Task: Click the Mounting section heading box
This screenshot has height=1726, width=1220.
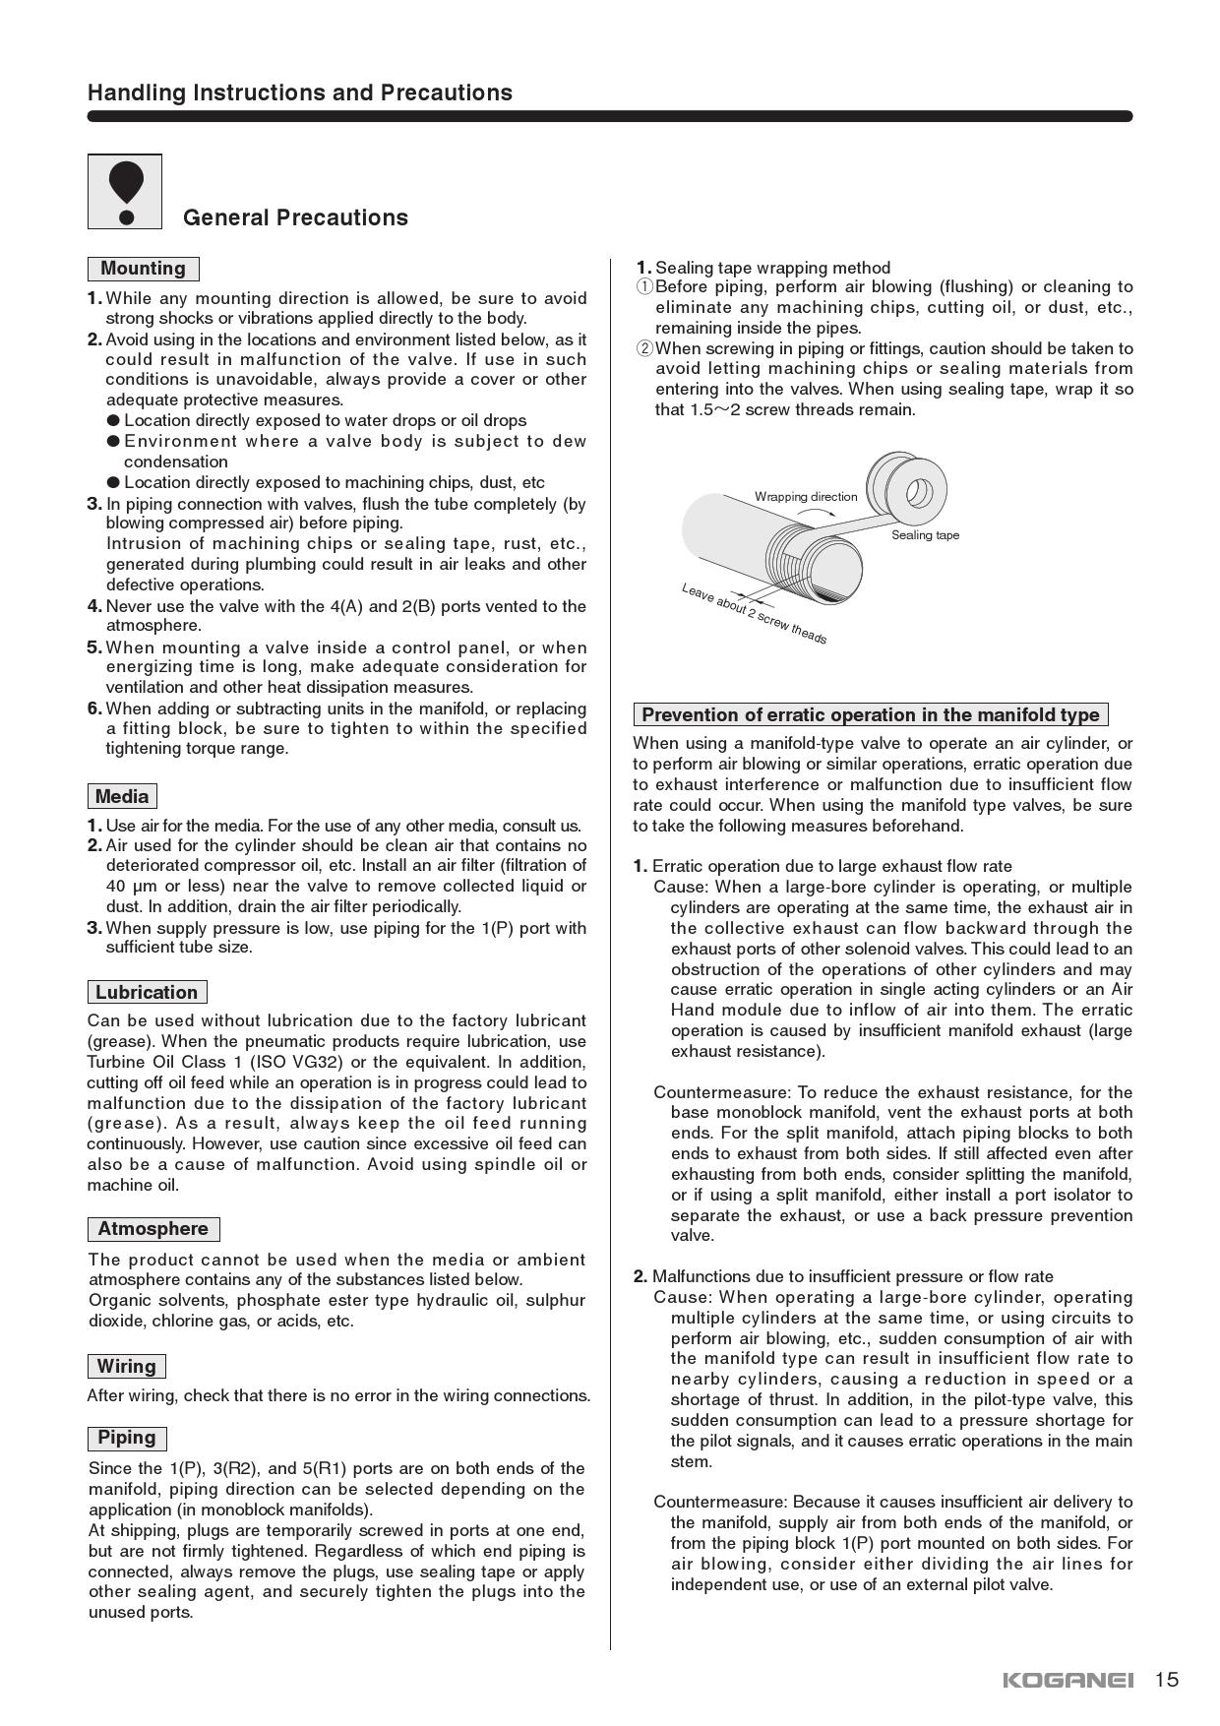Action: pos(143,269)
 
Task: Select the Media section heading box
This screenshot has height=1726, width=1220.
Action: pos(122,796)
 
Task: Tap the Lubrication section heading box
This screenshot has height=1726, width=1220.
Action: pos(147,992)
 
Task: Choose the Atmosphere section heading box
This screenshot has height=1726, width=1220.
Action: pos(152,1229)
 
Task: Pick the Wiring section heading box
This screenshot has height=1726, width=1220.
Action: pos(126,1366)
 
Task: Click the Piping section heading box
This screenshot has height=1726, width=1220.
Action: pos(126,1438)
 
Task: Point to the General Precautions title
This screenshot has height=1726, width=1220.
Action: pos(295,217)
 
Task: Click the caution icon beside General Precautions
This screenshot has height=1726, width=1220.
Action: pos(125,192)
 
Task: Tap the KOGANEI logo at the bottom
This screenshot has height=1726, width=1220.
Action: pos(1067,1680)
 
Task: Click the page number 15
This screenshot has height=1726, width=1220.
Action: pos(1166,1679)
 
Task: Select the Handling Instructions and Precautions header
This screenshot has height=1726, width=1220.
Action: pos(300,92)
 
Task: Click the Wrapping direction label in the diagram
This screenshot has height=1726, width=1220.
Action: pos(806,497)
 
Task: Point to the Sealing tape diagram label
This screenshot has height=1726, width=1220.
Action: pos(925,535)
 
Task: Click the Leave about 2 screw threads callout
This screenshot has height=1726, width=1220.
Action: pos(754,614)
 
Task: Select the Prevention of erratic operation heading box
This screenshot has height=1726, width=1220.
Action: pos(871,714)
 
